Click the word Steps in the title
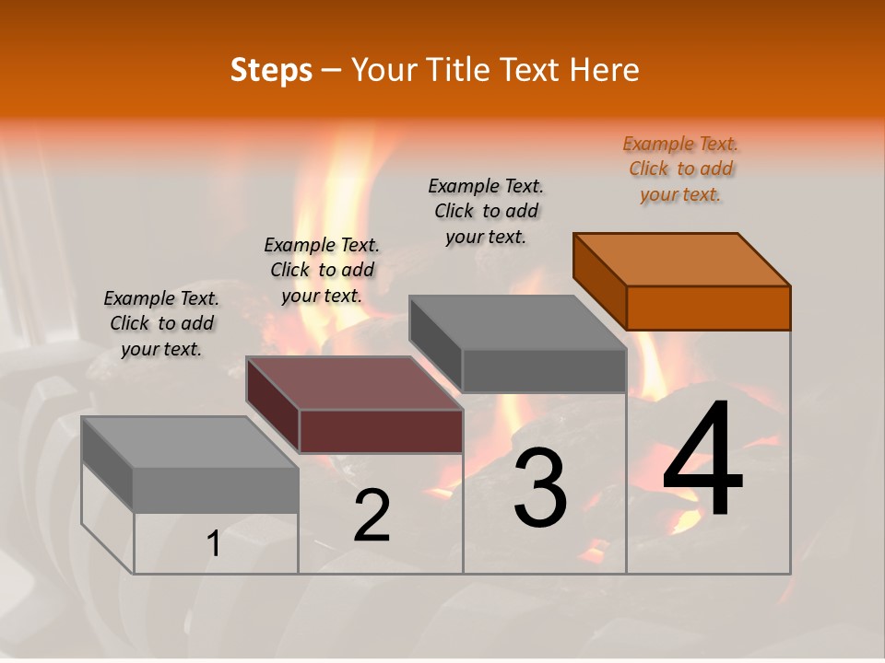271,70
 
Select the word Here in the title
605,70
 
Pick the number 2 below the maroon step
372,516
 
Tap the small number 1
214,544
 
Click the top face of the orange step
682,259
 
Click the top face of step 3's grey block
518,322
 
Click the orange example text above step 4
680,169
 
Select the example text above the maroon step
322,270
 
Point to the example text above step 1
161,323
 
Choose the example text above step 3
486,211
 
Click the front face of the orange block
708,308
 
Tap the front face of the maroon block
381,431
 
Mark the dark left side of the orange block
599,280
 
